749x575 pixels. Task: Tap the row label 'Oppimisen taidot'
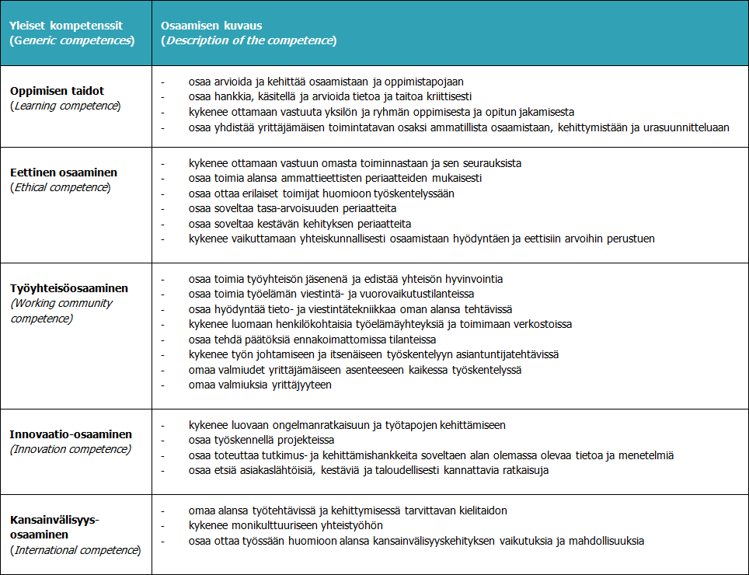tap(58, 91)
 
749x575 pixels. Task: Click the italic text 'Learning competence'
tap(65, 106)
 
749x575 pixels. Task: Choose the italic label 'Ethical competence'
tap(60, 187)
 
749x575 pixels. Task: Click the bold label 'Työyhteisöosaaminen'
tap(69, 288)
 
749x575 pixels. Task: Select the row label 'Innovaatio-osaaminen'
tap(71, 434)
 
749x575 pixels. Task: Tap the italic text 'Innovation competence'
tap(70, 449)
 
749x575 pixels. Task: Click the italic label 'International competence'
tap(75, 550)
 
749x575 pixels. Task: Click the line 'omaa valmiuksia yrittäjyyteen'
tap(260, 385)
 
